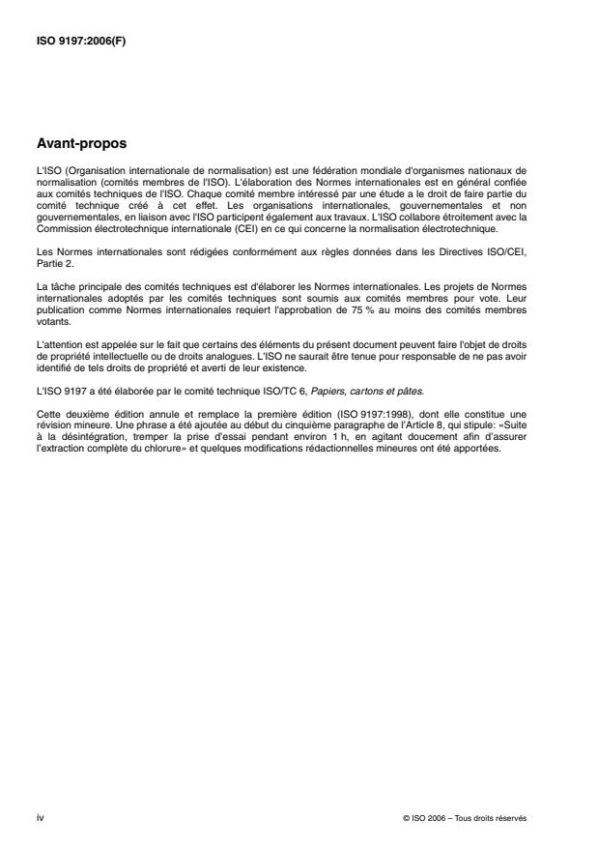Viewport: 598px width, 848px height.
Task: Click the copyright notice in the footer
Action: pyautogui.click(x=466, y=818)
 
